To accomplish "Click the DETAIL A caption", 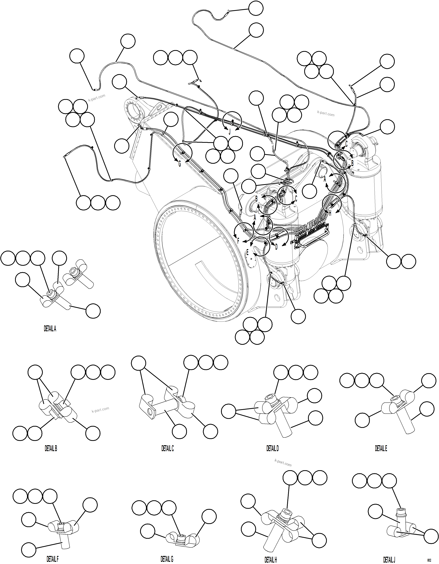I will pos(50,329).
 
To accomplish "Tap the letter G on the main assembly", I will pos(180,164).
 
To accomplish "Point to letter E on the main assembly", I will pos(247,252).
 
